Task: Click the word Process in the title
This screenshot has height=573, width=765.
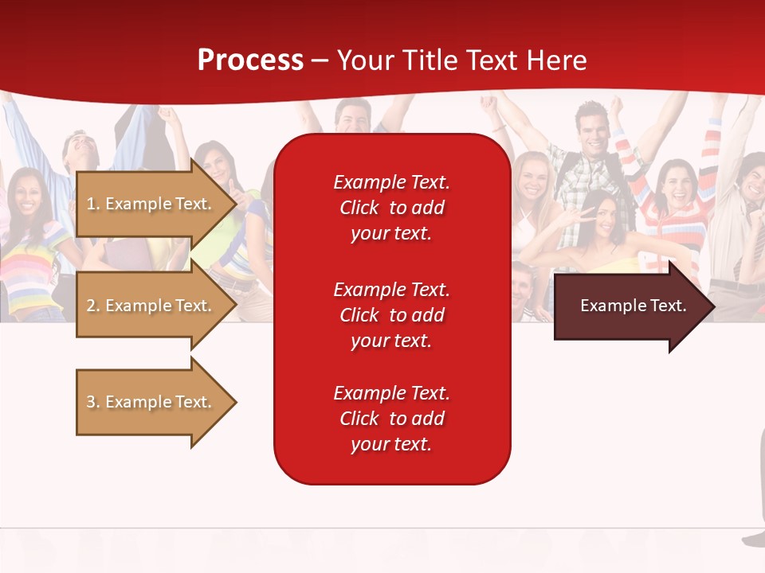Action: pos(249,60)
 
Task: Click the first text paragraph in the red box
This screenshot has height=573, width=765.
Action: pos(391,208)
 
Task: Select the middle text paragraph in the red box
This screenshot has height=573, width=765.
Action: pos(391,314)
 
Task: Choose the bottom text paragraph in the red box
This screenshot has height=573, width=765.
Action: pos(391,419)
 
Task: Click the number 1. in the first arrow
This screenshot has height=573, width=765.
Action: pos(92,204)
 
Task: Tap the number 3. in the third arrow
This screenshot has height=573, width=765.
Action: pos(92,402)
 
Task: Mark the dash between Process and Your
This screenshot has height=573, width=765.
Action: pos(320,60)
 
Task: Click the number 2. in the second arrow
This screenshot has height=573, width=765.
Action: pos(92,306)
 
